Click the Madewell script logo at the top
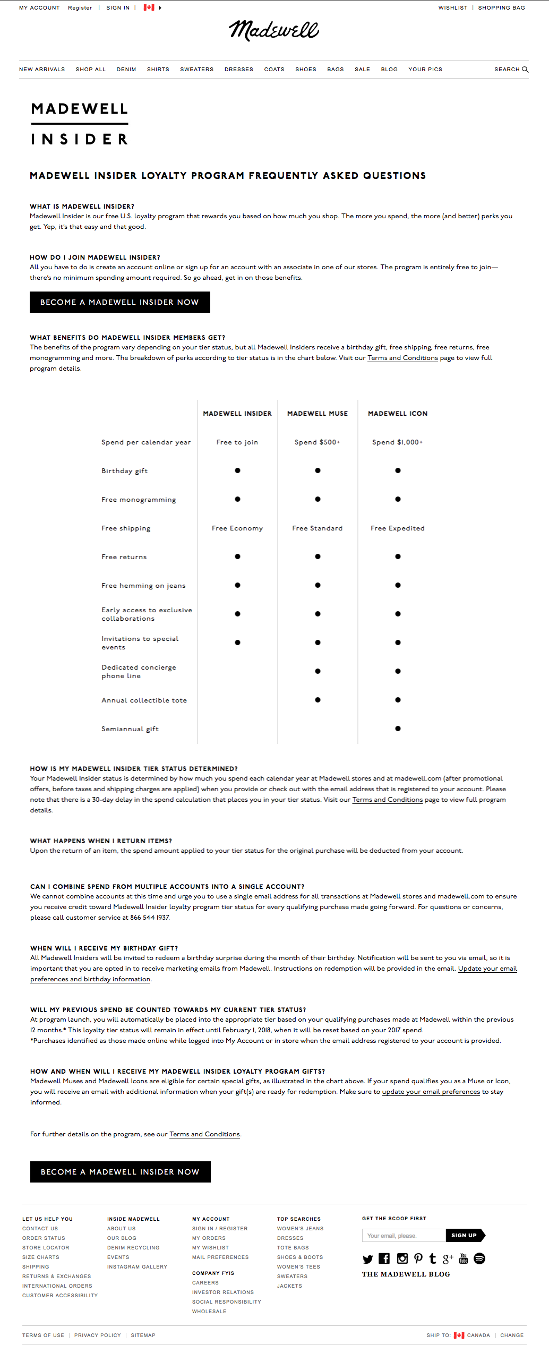(x=273, y=31)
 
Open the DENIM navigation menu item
(x=126, y=70)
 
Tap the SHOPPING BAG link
(x=501, y=8)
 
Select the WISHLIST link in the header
(x=453, y=8)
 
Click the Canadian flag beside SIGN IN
(x=149, y=8)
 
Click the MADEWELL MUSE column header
(x=318, y=414)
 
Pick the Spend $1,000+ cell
(x=398, y=442)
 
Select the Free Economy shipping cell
(x=237, y=528)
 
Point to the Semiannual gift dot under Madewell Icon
(x=398, y=729)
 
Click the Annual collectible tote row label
(x=144, y=700)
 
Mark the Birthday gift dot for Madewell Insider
(x=237, y=470)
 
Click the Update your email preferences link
(x=431, y=1092)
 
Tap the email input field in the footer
(x=404, y=1236)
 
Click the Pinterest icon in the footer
(x=418, y=1258)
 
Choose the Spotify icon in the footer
(x=479, y=1258)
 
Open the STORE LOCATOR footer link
(x=46, y=1248)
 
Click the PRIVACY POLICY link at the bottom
(x=98, y=1335)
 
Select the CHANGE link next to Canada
(x=512, y=1335)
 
